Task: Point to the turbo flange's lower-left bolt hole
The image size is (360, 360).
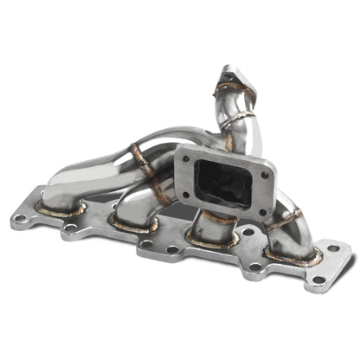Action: click(x=184, y=195)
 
